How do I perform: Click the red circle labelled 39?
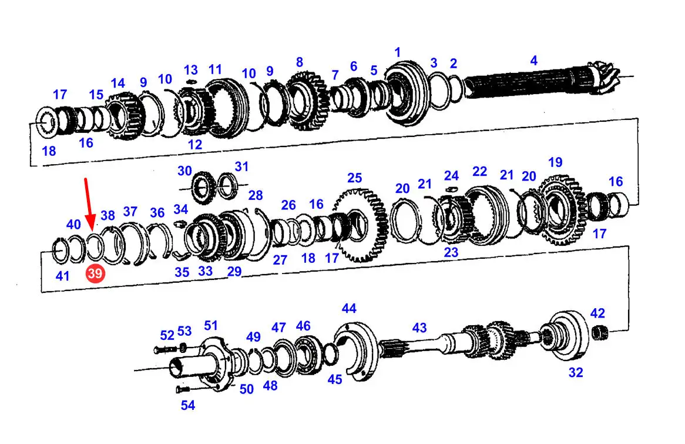point(95,273)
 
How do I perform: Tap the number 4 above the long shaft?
point(534,61)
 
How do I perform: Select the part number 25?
point(355,178)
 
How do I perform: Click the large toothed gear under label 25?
point(361,226)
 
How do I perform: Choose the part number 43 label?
point(419,328)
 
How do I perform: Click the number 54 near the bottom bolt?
point(188,406)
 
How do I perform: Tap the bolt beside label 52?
point(165,349)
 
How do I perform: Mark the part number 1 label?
point(397,52)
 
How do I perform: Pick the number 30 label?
point(185,171)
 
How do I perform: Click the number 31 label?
point(241,166)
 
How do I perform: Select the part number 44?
point(349,308)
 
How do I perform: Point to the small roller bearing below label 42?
point(599,333)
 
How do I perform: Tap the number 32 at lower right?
point(576,372)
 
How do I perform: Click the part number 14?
point(117,83)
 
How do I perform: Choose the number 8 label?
point(299,62)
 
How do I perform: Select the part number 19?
point(555,162)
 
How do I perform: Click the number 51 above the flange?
point(211,325)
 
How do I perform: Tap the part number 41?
point(62,276)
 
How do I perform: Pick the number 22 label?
point(479,171)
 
